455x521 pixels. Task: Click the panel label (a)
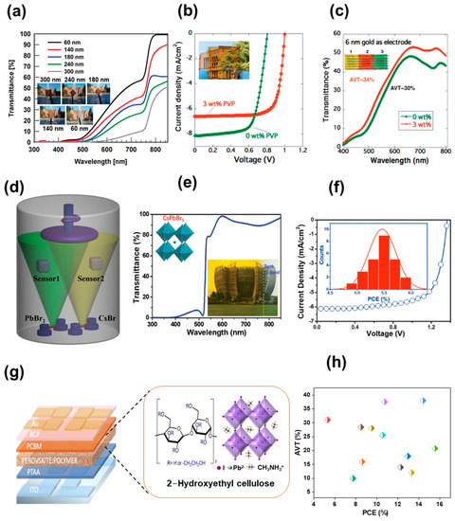click(x=19, y=10)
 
